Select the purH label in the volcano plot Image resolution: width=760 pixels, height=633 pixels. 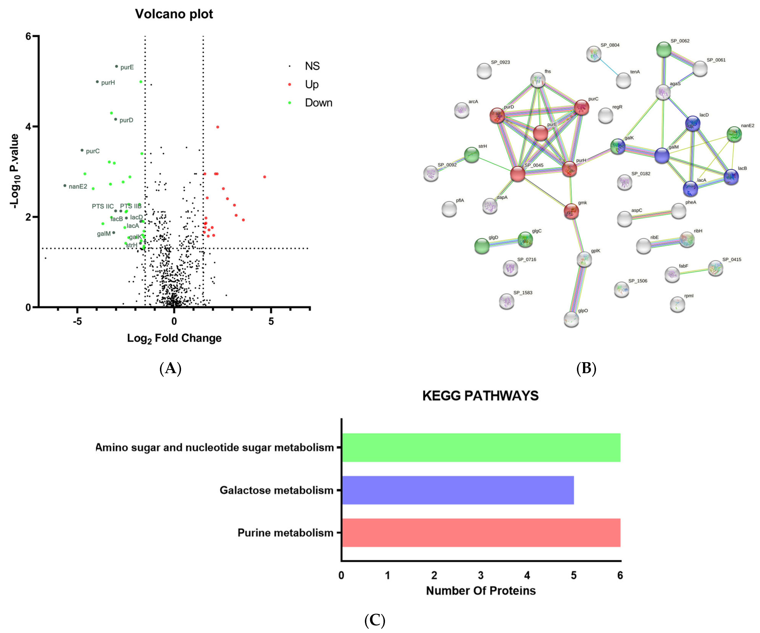click(x=108, y=82)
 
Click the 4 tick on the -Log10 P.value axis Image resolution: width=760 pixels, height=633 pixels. click(x=28, y=127)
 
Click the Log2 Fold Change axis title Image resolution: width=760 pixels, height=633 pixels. click(x=174, y=338)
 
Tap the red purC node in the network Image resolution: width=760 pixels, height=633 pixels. click(x=581, y=107)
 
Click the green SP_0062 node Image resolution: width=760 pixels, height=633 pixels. click(x=664, y=50)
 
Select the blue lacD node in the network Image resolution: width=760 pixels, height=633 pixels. click(x=692, y=123)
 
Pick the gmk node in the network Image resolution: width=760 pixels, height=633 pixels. click(x=571, y=211)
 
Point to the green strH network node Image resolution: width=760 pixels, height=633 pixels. click(x=472, y=155)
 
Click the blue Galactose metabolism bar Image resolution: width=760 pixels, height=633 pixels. click(x=458, y=490)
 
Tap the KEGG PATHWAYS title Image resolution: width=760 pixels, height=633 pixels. click(x=480, y=396)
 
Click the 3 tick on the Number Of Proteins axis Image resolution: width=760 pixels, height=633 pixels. click(x=481, y=575)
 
